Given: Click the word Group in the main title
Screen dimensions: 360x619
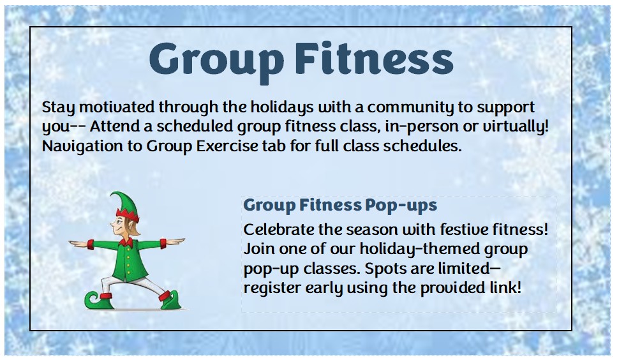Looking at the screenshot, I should coord(217,60).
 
